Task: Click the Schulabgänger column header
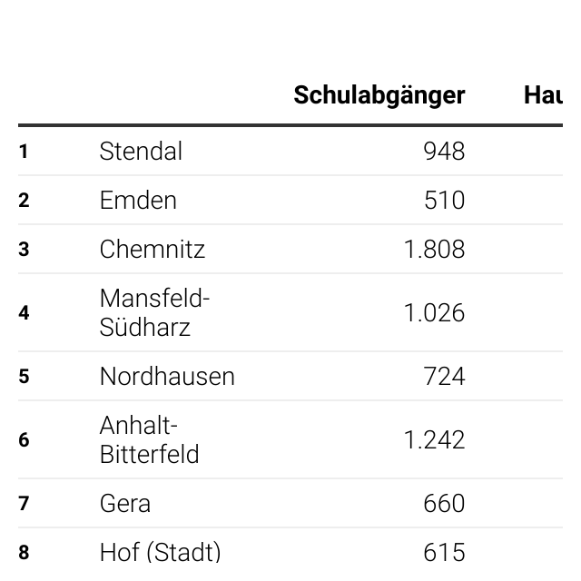click(379, 96)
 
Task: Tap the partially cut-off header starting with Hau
click(543, 95)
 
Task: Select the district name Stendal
click(141, 152)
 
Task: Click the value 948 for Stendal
click(444, 152)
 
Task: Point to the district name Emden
click(138, 200)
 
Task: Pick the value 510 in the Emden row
click(444, 200)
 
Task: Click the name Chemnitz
click(153, 249)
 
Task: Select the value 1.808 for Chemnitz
click(434, 249)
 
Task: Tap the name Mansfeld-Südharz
click(154, 312)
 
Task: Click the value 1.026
click(434, 312)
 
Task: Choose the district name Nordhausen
click(167, 376)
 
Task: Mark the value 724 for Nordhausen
click(444, 376)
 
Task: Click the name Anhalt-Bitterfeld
click(149, 439)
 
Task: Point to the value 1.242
click(434, 439)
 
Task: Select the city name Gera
click(125, 503)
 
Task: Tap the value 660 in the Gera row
click(444, 503)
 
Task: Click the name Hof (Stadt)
click(160, 553)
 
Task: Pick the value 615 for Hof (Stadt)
click(444, 553)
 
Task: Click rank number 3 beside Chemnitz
click(24, 249)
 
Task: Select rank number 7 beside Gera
click(24, 503)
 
